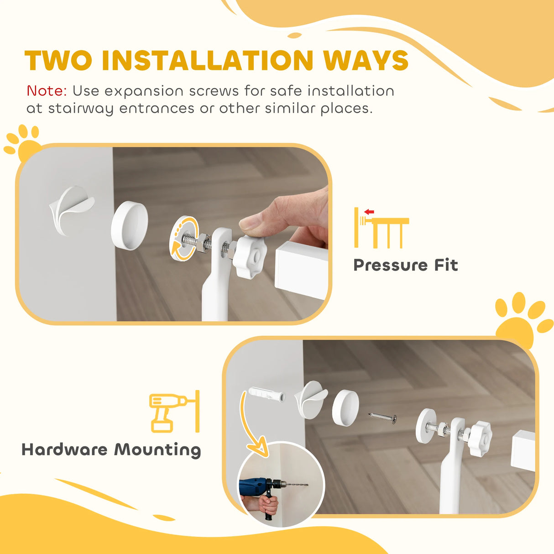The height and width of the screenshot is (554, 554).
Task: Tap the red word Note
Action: (x=47, y=91)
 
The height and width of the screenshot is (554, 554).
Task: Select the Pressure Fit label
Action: (x=405, y=265)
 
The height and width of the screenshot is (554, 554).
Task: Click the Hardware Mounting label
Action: (x=111, y=449)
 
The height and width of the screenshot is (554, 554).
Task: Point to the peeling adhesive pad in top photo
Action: (x=71, y=210)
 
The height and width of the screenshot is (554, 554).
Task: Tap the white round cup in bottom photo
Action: (x=345, y=408)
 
